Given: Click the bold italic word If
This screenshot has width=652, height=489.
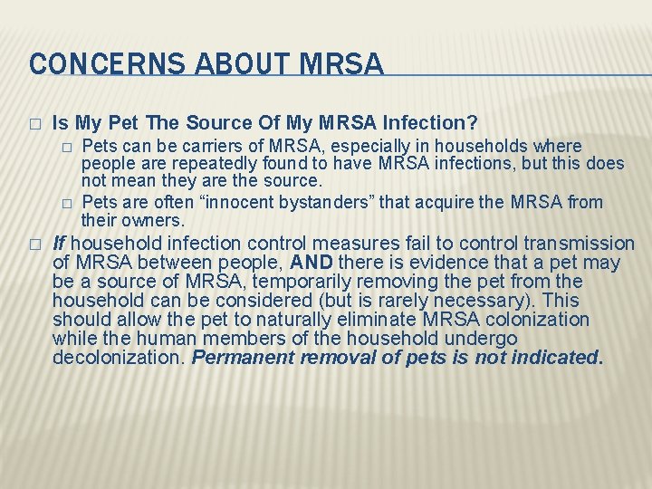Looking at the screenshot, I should click(59, 244).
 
